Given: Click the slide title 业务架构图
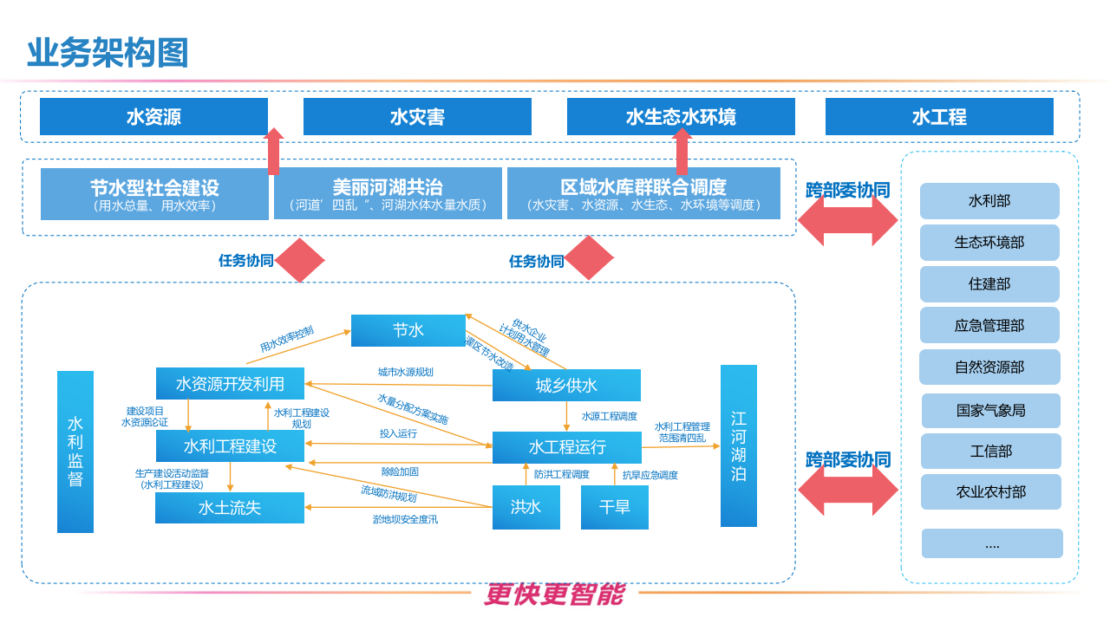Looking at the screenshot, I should coord(108,54).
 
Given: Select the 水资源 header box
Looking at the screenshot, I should coord(153,117).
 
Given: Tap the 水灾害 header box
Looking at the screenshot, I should coord(417,117).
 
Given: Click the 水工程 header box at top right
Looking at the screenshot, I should coord(939,117).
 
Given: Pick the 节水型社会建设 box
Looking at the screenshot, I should coord(154,193).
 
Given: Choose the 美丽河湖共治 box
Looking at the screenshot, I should coord(388,193).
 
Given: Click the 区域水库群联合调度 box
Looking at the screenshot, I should coord(643,193).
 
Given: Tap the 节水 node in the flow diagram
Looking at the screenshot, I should coord(408,330).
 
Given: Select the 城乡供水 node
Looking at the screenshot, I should coord(566,386).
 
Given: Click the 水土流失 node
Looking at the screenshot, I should coord(230,508).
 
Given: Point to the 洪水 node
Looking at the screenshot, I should coord(526,507).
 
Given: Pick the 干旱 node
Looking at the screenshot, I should coord(614,507).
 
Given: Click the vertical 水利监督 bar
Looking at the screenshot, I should coord(75,452).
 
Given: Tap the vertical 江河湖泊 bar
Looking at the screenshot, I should coord(738,445).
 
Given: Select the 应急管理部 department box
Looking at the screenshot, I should coord(989,326).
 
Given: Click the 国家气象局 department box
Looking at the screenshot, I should coord(990,411).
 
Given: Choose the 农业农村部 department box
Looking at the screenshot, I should coord(990,492).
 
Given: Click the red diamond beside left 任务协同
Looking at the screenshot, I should coord(300,260).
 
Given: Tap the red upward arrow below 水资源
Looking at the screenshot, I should coord(274,153).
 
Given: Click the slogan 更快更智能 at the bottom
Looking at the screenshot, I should coord(554,595).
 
